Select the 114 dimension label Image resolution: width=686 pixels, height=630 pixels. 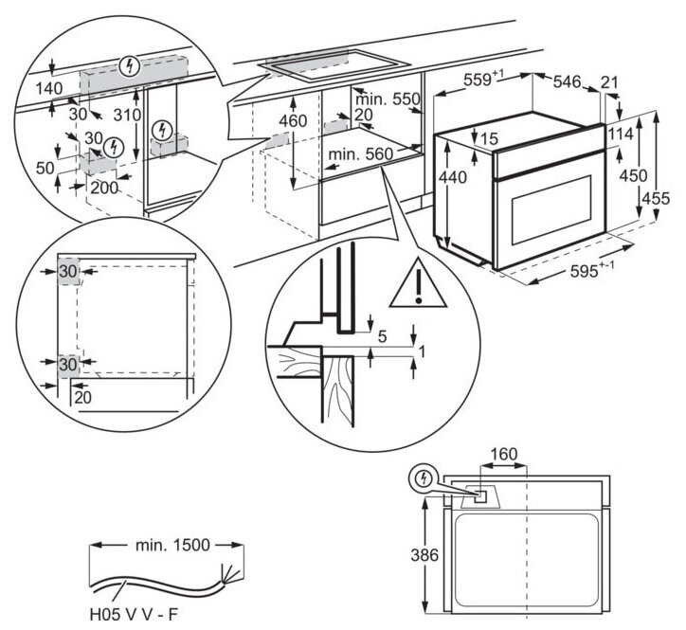click(x=620, y=135)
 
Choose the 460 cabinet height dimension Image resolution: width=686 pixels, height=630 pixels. click(x=294, y=122)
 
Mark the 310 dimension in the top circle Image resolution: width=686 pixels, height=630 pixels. click(x=125, y=116)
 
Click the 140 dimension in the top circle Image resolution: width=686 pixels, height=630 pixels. click(x=49, y=86)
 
